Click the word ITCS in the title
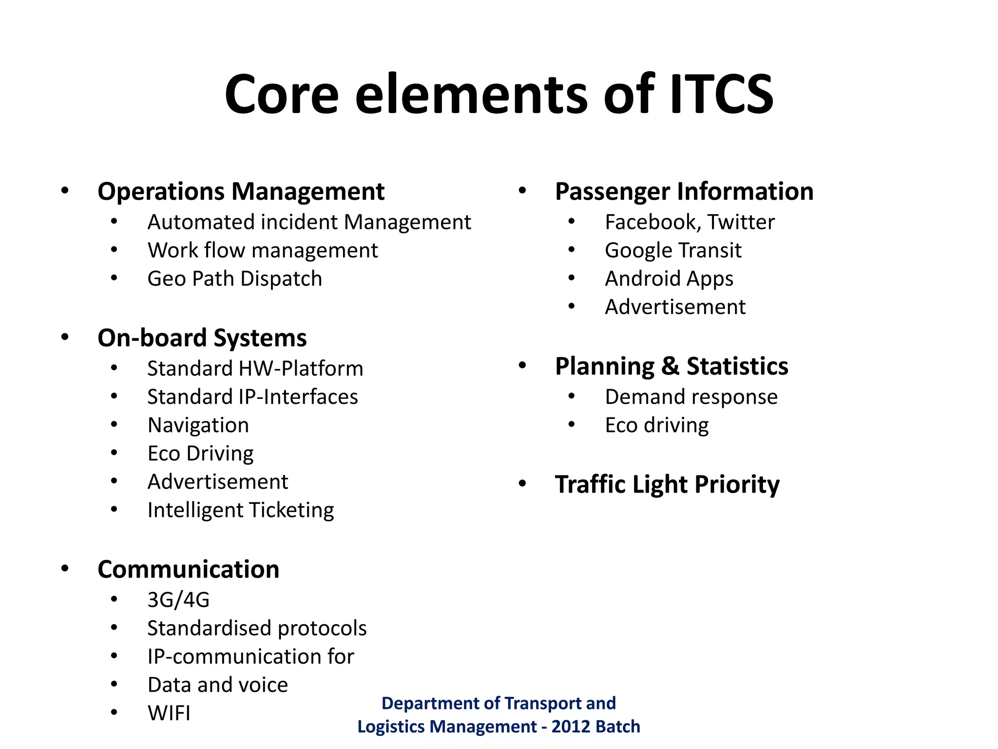[x=721, y=94]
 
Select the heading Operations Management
[x=241, y=191]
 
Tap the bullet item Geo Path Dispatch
[x=234, y=278]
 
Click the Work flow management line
[x=263, y=250]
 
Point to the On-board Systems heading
[x=202, y=337]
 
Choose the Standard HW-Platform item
[x=255, y=368]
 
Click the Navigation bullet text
[x=198, y=425]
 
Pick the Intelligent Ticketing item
[x=241, y=510]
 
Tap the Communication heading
[x=188, y=569]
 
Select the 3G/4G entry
[x=178, y=600]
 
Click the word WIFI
[x=169, y=713]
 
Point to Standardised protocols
[x=257, y=628]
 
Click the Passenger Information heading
[x=684, y=191]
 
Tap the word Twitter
[x=741, y=222]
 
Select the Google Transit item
[x=673, y=250]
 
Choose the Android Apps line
[x=669, y=278]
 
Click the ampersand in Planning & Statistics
[x=671, y=366]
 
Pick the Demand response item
[x=691, y=396]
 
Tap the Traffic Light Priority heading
[x=667, y=484]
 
